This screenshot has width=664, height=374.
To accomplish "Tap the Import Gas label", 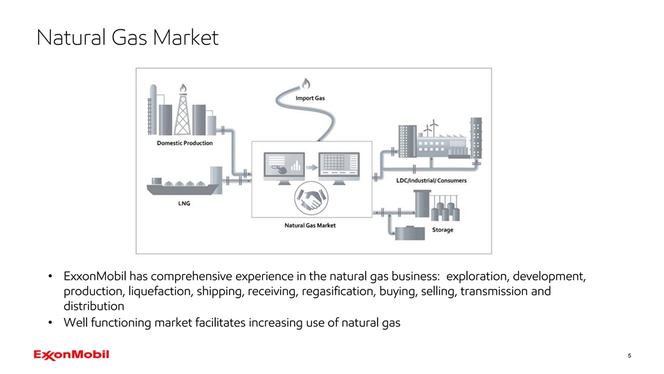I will [310, 98].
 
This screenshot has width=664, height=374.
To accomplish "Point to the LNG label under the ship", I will [184, 204].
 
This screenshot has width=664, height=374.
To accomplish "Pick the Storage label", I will [443, 229].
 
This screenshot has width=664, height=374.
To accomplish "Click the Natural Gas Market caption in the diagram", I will [310, 226].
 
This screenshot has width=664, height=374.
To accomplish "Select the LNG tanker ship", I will [181, 186].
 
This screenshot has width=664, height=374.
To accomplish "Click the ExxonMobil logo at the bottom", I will [71, 355].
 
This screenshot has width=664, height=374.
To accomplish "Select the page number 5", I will [629, 356].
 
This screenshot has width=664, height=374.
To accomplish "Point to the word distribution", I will [93, 306].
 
